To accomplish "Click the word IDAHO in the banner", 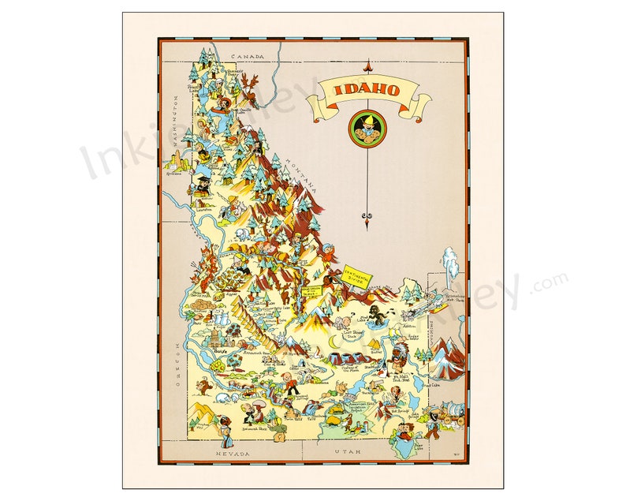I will tap(367, 88).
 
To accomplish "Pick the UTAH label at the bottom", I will tap(347, 452).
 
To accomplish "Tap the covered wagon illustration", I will tap(451, 413).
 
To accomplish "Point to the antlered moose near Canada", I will tap(250, 82).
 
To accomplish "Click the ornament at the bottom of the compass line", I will tap(366, 216).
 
